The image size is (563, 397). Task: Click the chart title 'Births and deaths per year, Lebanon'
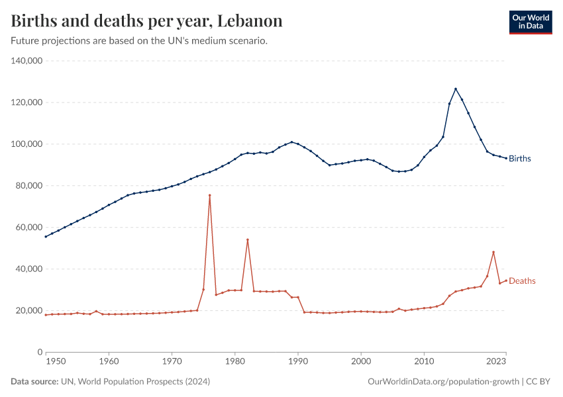tap(147, 21)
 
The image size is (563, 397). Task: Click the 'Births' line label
tap(520, 159)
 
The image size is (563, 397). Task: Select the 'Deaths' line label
tap(522, 281)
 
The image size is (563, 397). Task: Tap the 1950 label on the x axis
tap(56, 362)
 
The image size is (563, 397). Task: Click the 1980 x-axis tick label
tap(234, 362)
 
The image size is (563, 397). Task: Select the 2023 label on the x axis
tap(496, 362)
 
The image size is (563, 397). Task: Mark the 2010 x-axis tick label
tap(424, 362)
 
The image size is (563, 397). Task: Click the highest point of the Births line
tap(456, 89)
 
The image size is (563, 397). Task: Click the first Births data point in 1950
tap(46, 236)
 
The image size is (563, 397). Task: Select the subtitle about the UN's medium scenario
tap(139, 41)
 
